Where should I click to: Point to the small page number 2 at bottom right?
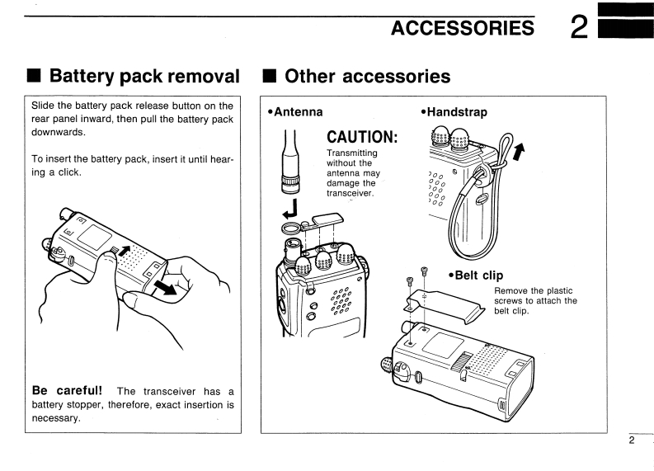(x=632, y=441)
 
